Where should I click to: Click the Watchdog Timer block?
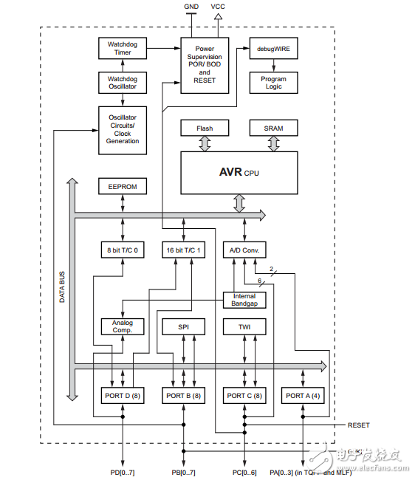[x=123, y=49]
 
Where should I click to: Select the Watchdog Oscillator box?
[x=123, y=82]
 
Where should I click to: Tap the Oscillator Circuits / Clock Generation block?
[x=123, y=130]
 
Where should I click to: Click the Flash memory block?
[x=205, y=128]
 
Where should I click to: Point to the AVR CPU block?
[x=239, y=172]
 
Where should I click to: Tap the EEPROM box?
[x=123, y=186]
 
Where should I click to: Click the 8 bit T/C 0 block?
[x=123, y=250]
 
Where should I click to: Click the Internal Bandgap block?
[x=244, y=300]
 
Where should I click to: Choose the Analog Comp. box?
[x=123, y=326]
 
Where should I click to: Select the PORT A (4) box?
[x=303, y=395]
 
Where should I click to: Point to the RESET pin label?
[x=359, y=425]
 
